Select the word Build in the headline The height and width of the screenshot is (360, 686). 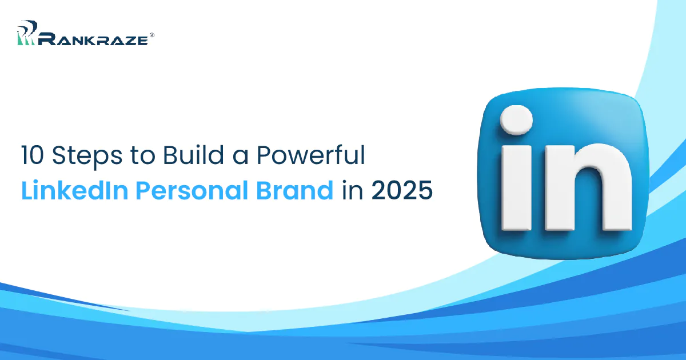point(186,155)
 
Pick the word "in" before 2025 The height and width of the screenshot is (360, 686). point(353,190)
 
